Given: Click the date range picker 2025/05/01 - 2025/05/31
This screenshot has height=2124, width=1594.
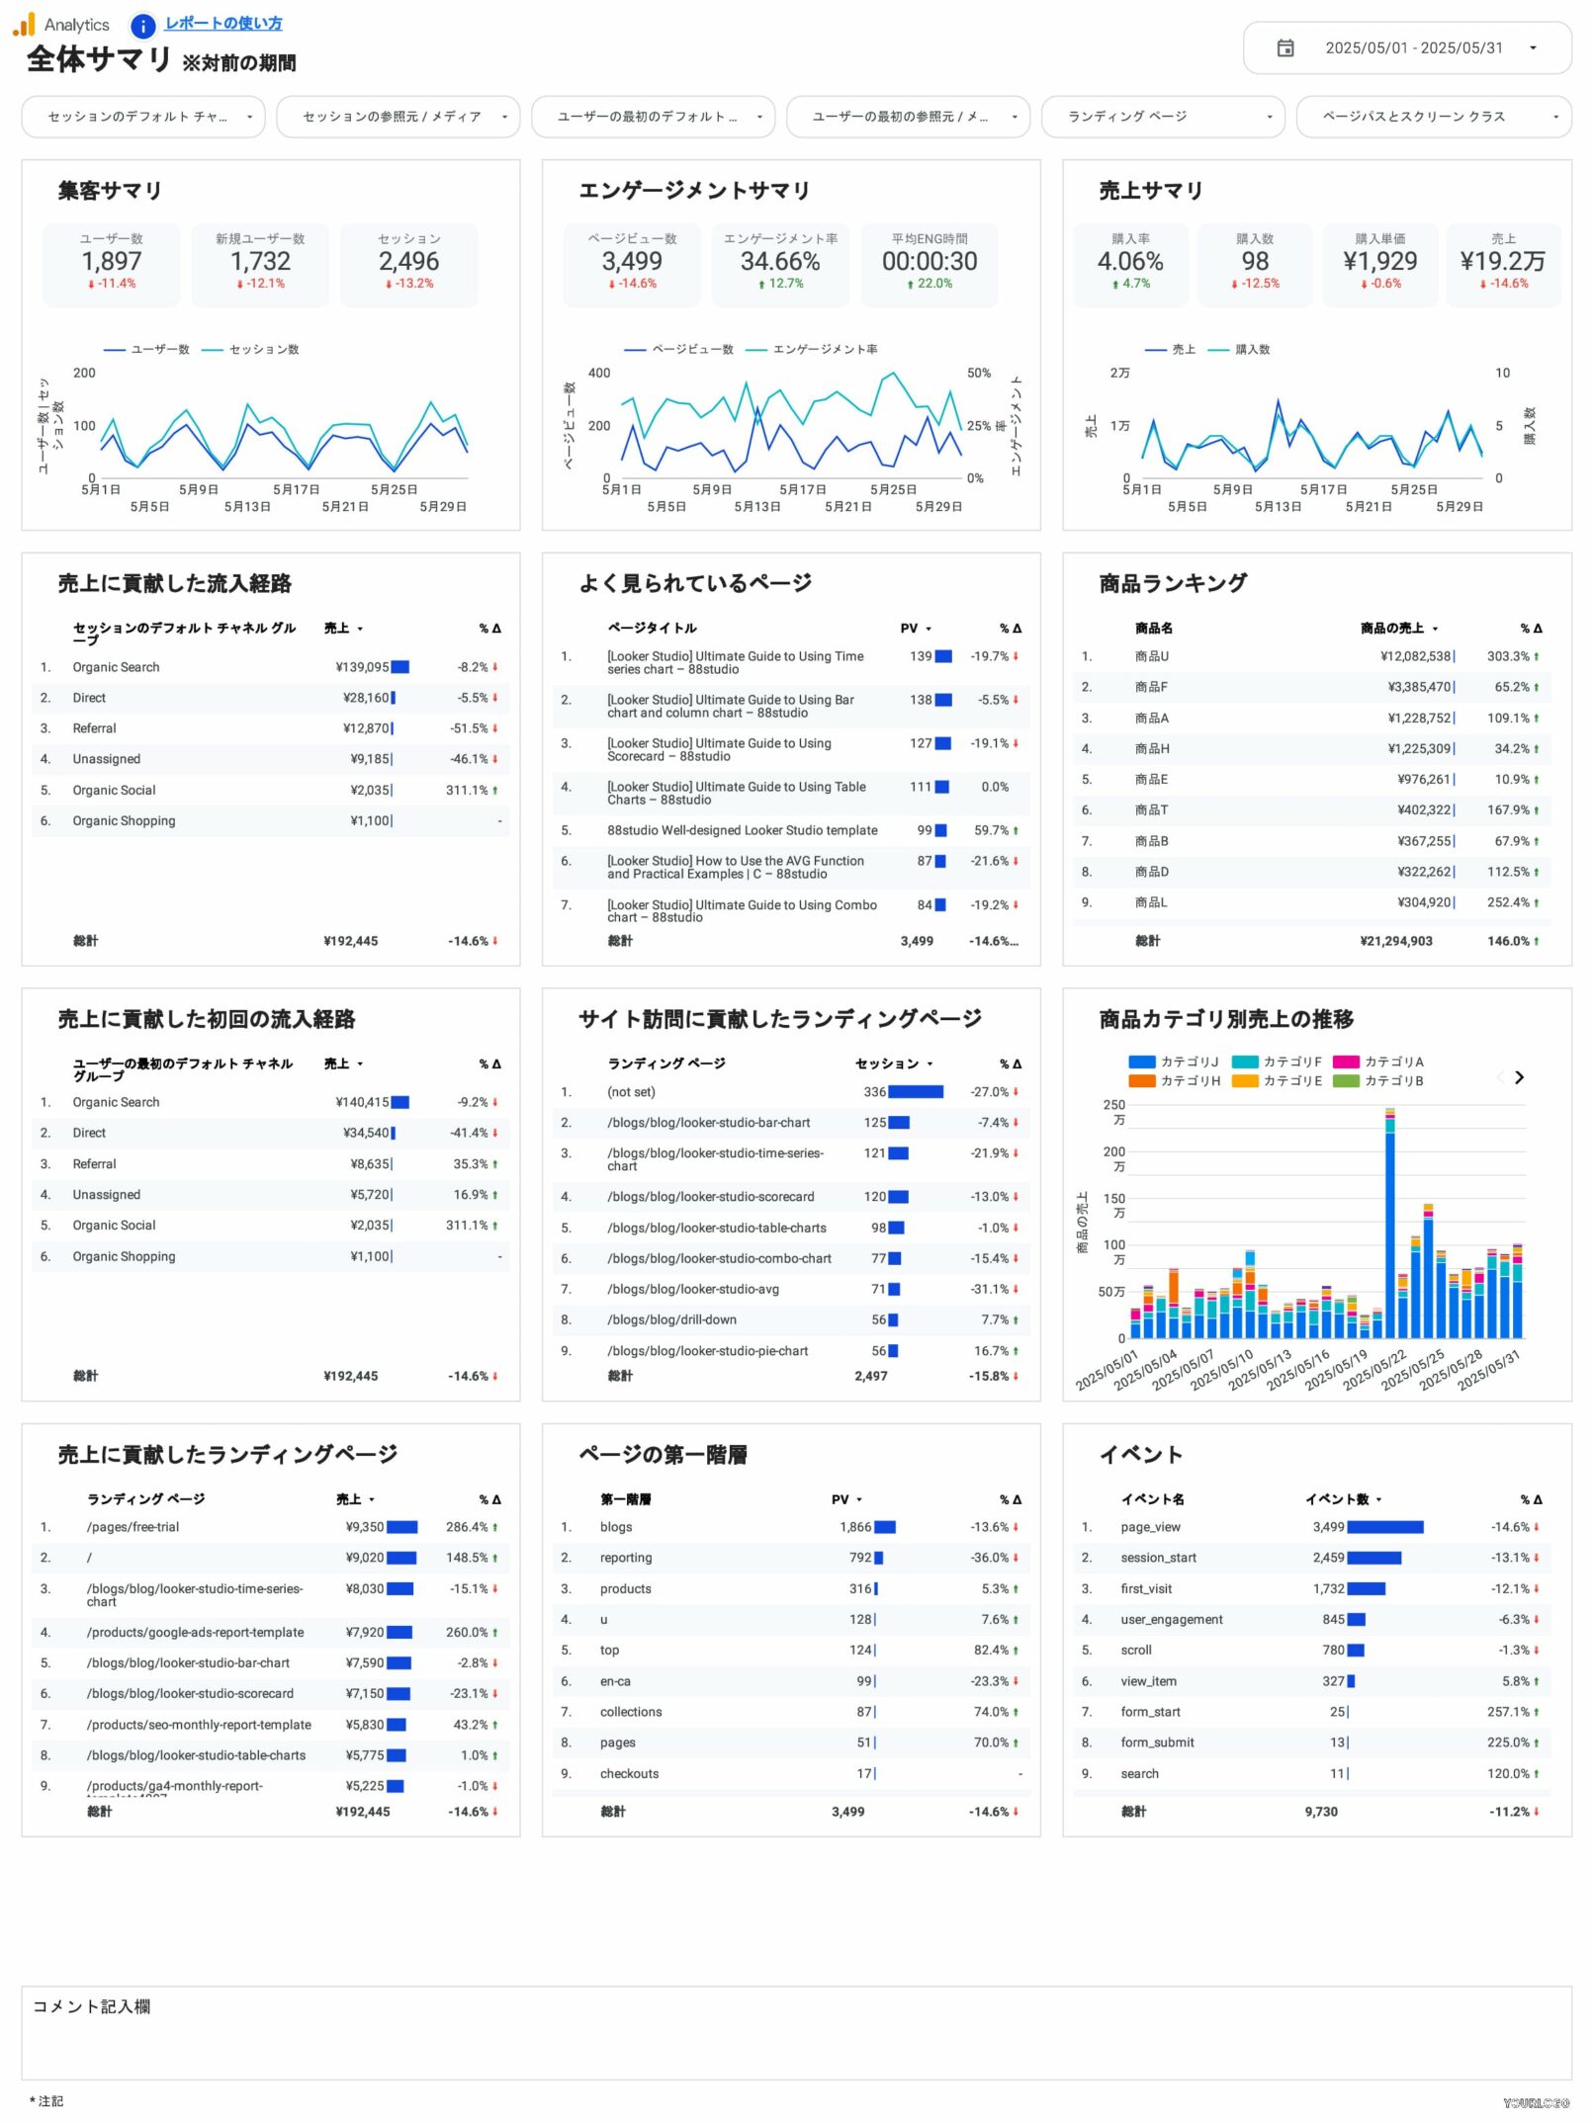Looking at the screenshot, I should point(1406,48).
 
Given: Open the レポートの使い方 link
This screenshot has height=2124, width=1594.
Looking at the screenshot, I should point(223,23).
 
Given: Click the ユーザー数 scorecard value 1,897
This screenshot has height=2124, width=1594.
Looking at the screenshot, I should point(112,262).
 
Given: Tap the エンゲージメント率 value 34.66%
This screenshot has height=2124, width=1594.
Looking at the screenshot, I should point(780,262).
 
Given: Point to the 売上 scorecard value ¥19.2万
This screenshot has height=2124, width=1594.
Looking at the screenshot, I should point(1502,262).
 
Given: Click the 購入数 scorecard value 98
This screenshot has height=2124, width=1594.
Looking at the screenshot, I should point(1255,262).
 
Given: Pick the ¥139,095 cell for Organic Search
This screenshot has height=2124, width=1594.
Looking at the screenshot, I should point(362,668).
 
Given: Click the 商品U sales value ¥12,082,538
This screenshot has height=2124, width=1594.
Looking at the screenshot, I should point(1416,657).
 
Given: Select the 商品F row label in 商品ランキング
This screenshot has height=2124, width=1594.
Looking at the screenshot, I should point(1151,688).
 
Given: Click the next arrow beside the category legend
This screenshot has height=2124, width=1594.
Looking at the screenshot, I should point(1519,1078).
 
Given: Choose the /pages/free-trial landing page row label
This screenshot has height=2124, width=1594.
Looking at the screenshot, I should point(133,1528).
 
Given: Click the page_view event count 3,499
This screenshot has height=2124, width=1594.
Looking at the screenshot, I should point(1328,1528).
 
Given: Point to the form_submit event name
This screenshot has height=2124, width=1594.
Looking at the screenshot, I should point(1157,1743).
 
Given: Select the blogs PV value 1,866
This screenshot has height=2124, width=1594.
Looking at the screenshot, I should point(855,1528).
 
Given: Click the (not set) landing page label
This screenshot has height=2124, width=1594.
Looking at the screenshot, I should point(631,1093).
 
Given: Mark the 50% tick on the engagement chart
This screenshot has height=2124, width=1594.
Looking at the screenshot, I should point(978,374).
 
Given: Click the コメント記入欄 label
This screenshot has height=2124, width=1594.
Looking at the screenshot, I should point(92,2007).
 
